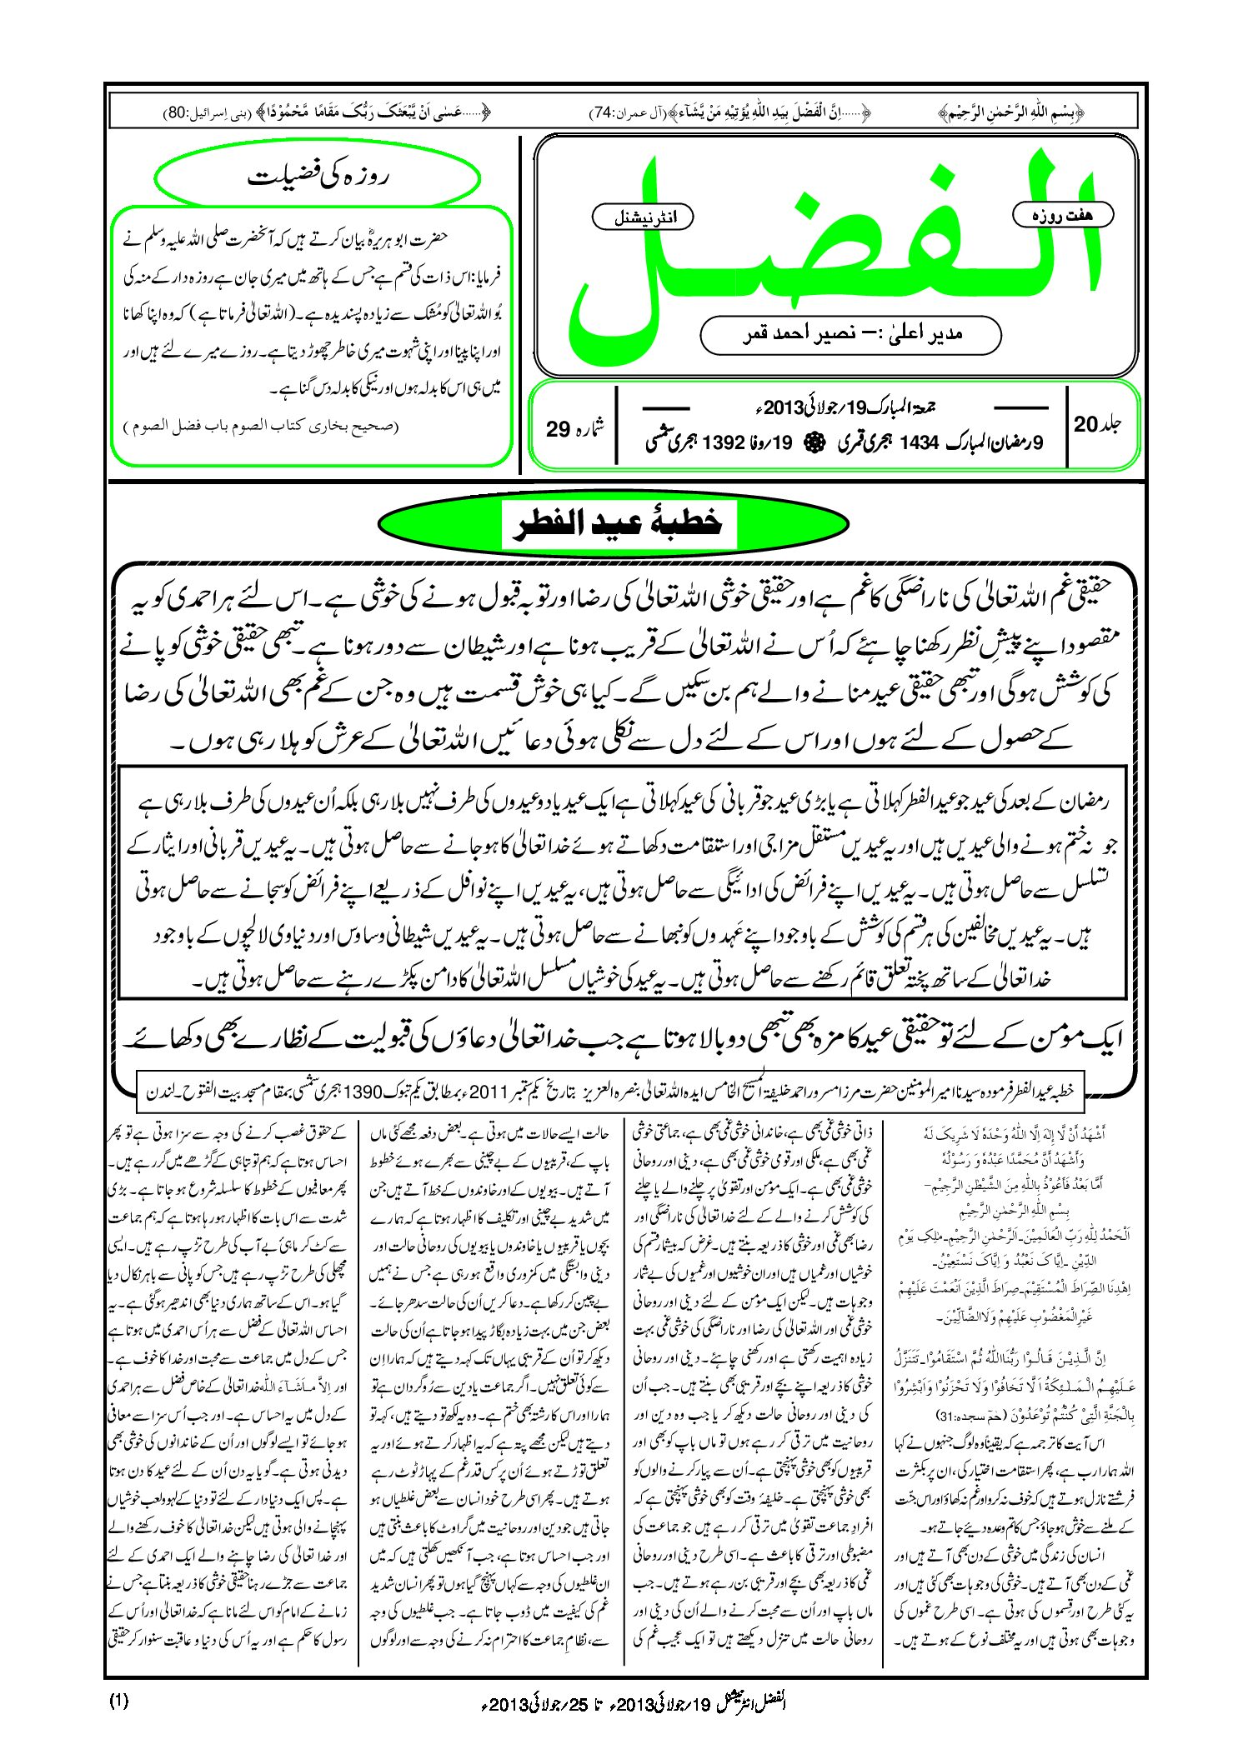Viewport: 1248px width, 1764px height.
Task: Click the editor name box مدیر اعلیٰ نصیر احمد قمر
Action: coord(850,334)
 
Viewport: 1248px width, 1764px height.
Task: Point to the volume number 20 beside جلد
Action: coord(1086,425)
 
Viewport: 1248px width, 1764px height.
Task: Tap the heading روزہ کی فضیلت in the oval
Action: coord(318,177)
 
